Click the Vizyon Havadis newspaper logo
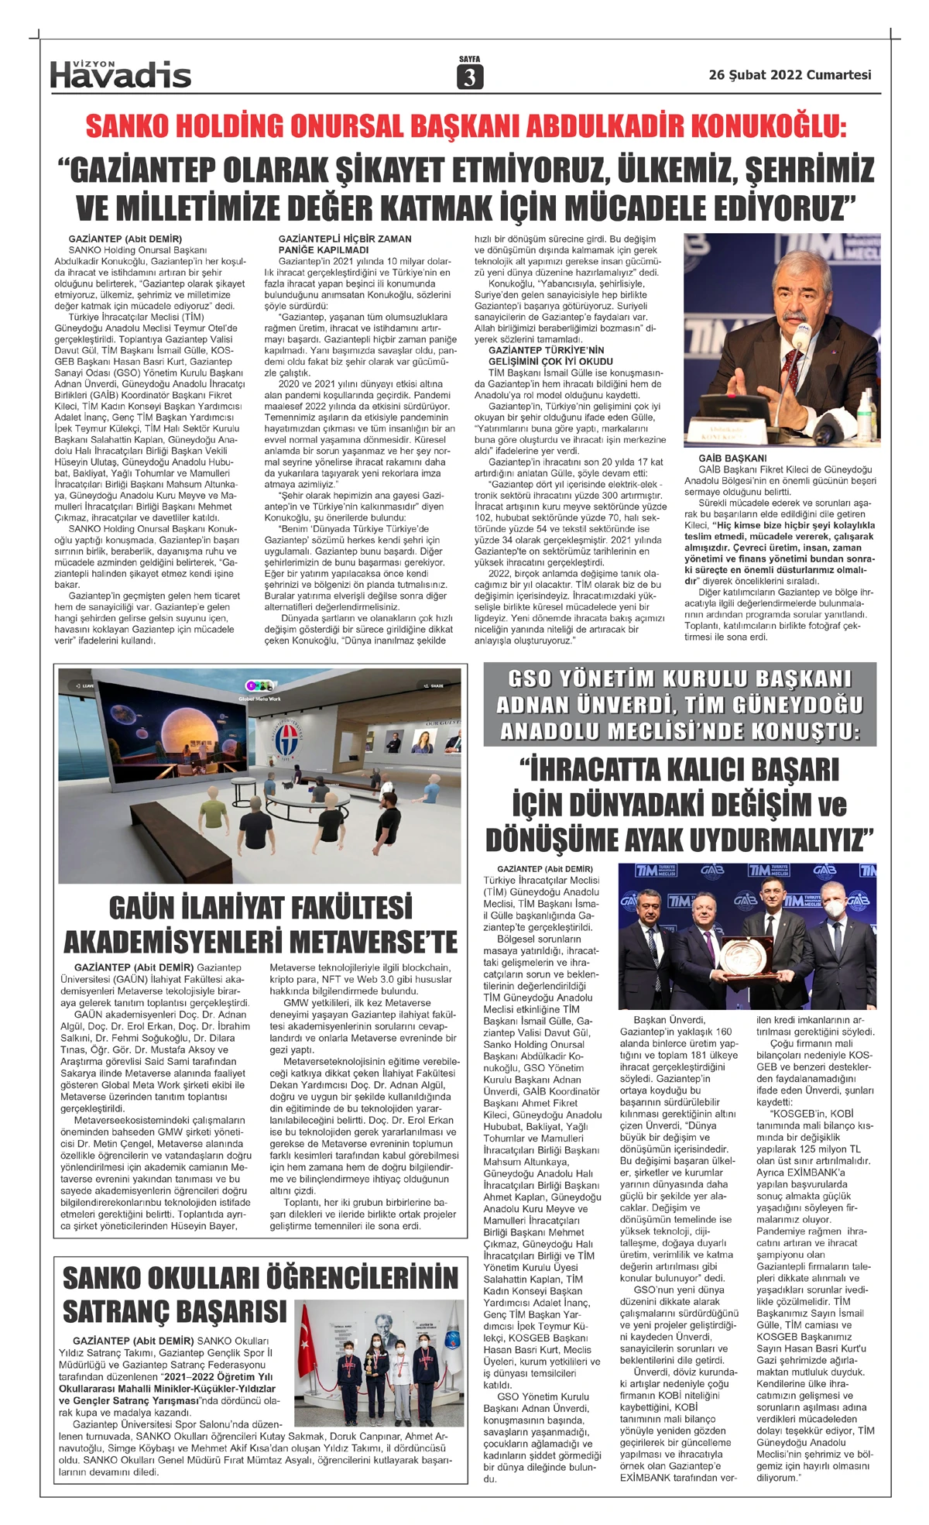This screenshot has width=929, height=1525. pyautogui.click(x=120, y=74)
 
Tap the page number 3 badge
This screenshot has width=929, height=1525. pyautogui.click(x=469, y=77)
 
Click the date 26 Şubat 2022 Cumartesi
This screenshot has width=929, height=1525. pyautogui.click(x=790, y=75)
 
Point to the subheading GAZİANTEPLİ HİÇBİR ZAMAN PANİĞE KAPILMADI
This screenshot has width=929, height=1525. pyautogui.click(x=345, y=245)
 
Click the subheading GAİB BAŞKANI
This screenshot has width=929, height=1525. pyautogui.click(x=732, y=459)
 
